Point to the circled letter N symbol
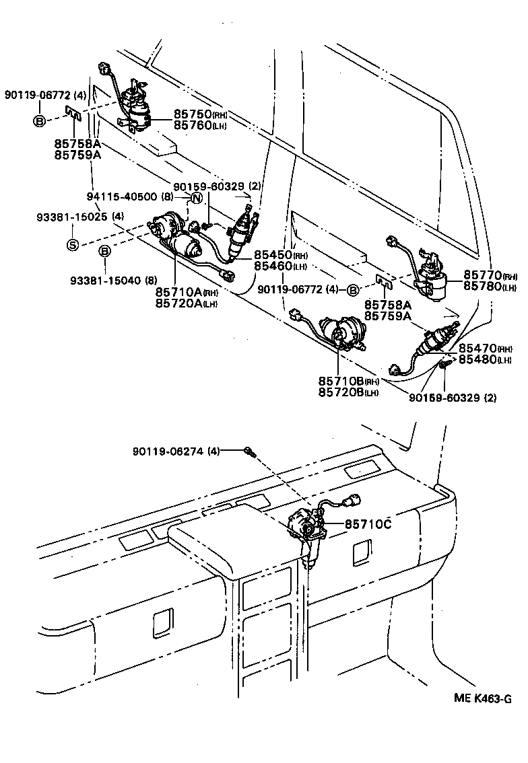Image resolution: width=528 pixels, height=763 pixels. tap(197, 198)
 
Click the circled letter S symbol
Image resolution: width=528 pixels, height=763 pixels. tap(73, 244)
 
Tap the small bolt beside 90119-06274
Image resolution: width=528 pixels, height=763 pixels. tap(251, 452)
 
